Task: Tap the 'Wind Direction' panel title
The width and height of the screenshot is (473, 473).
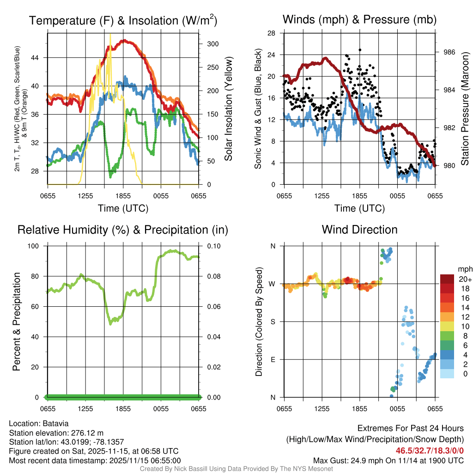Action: tap(359, 230)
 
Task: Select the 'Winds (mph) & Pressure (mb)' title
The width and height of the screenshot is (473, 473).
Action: tap(359, 19)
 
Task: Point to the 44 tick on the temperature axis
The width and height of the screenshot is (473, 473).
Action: tap(40, 58)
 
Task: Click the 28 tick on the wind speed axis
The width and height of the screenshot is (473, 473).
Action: tap(272, 33)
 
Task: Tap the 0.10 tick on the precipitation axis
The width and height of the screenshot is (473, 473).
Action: tap(209, 246)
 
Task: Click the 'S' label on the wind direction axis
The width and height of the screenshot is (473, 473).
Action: tap(273, 321)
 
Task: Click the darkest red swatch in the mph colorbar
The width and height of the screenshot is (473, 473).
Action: tap(447, 279)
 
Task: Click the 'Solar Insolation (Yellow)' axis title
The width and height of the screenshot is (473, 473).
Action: tap(228, 109)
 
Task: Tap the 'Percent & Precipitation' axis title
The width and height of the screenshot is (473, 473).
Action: tap(16, 321)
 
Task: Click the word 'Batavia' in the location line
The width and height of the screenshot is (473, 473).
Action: tap(56, 424)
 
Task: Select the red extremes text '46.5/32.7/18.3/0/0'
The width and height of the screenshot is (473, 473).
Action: tap(430, 450)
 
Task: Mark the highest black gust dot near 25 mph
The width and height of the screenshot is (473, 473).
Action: tap(360, 50)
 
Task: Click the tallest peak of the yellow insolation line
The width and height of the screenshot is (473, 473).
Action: tap(110, 34)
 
